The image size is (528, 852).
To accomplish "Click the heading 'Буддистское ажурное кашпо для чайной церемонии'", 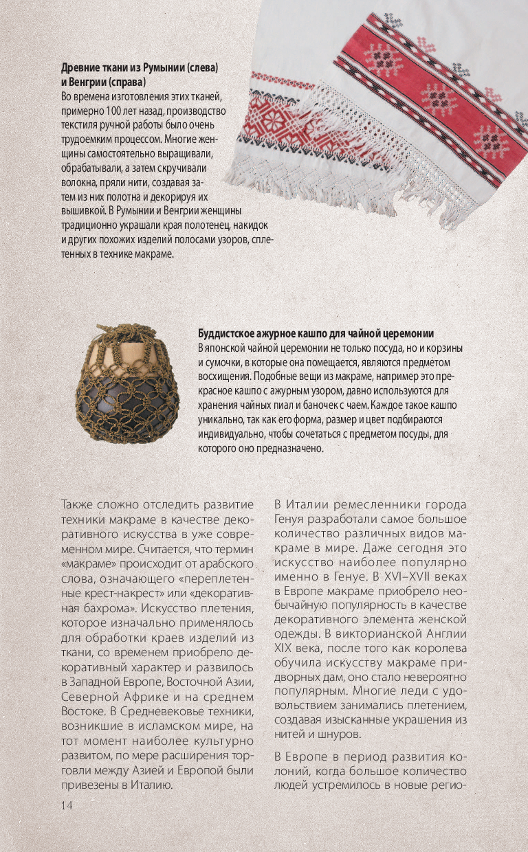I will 319,333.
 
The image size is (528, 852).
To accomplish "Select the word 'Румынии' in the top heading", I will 172,69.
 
